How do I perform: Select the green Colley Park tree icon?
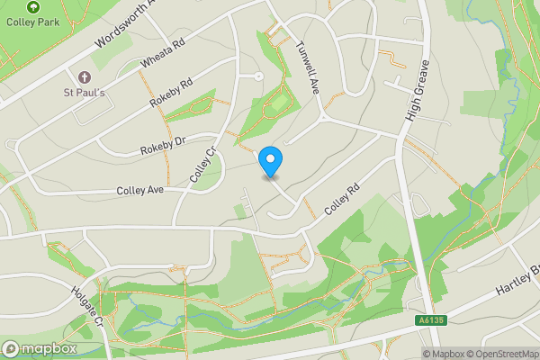tap(33, 6)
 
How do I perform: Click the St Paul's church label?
tap(84, 92)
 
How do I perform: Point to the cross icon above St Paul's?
tap(85, 77)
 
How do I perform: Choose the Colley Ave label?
tap(139, 191)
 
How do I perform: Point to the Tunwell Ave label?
tap(309, 67)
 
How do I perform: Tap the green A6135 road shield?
tap(430, 320)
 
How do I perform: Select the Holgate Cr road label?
tap(89, 307)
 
